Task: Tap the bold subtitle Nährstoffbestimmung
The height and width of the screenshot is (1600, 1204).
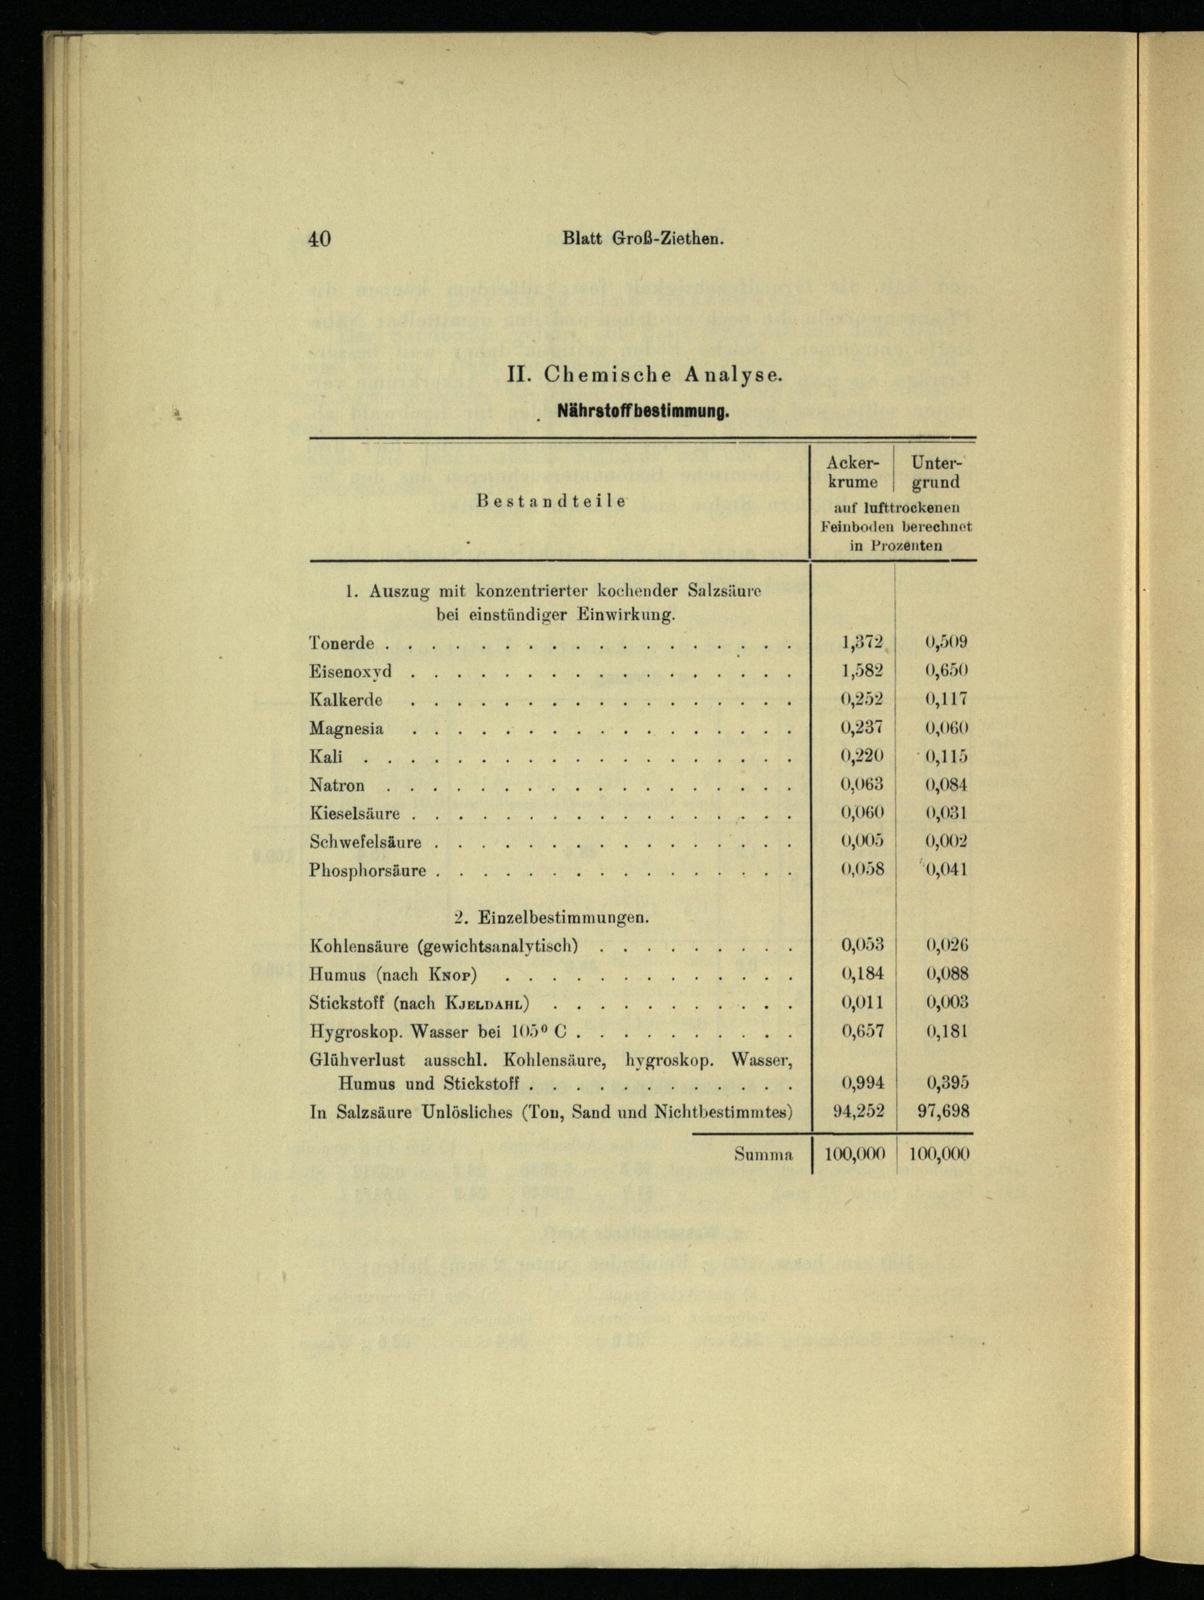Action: (642, 413)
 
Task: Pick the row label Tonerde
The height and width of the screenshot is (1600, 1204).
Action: (341, 643)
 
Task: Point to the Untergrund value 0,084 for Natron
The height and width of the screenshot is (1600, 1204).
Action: (946, 785)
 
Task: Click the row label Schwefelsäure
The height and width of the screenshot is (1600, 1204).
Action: (365, 842)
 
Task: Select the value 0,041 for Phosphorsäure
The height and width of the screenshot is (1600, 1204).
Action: (946, 870)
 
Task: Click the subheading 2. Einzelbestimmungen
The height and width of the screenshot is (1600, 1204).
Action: (551, 918)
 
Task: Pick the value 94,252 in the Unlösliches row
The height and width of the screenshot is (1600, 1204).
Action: (858, 1111)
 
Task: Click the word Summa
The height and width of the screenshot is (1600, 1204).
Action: (763, 1155)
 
